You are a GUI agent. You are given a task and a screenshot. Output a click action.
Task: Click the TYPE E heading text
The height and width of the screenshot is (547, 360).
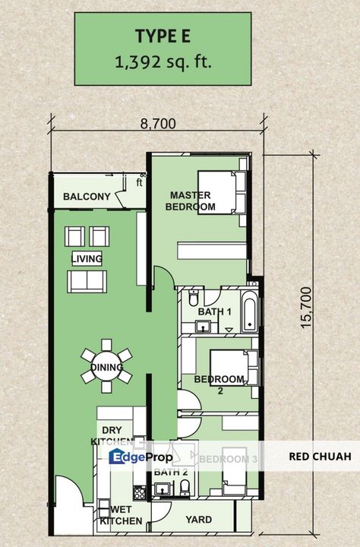pyautogui.click(x=163, y=36)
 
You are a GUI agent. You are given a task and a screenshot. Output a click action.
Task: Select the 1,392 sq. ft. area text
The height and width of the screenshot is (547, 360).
pyautogui.click(x=163, y=62)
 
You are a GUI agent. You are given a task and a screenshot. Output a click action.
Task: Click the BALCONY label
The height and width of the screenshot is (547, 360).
pyautogui.click(x=87, y=198)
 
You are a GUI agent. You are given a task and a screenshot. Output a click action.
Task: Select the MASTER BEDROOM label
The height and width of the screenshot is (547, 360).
pyautogui.click(x=192, y=201)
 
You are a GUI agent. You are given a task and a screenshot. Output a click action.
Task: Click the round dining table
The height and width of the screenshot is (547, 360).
pyautogui.click(x=106, y=368)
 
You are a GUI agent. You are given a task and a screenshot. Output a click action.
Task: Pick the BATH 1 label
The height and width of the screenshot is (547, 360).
pyautogui.click(x=214, y=312)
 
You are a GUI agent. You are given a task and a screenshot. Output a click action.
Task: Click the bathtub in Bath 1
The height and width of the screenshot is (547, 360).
pyautogui.click(x=250, y=310)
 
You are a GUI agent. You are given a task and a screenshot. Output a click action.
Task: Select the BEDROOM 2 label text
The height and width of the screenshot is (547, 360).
pyautogui.click(x=219, y=384)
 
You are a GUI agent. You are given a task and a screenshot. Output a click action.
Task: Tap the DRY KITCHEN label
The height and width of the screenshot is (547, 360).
pyautogui.click(x=107, y=435)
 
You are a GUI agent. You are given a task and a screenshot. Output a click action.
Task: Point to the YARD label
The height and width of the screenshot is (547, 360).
pyautogui.click(x=200, y=520)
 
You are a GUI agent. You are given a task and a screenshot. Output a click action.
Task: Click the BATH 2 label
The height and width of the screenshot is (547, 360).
pyautogui.click(x=166, y=472)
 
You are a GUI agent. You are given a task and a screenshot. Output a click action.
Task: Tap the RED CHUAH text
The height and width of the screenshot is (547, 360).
pyautogui.click(x=320, y=457)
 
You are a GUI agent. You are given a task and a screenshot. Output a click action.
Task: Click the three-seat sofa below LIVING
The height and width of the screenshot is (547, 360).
pyautogui.click(x=87, y=282)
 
